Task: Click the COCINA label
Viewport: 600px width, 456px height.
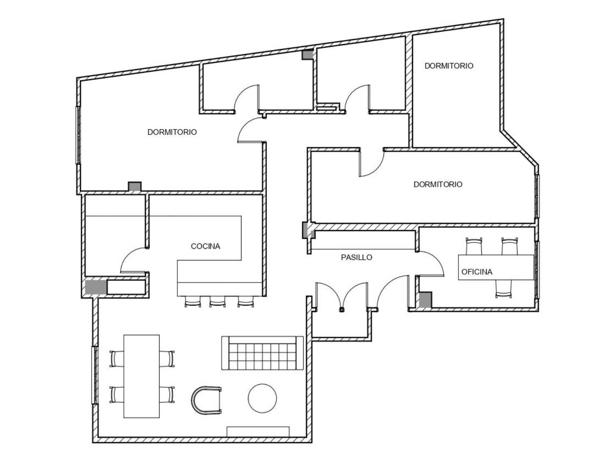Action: tap(205, 246)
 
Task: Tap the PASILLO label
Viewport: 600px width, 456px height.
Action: tap(356, 257)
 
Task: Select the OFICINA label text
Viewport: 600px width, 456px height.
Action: tap(476, 272)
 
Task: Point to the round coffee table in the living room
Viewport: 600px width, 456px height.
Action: tap(262, 398)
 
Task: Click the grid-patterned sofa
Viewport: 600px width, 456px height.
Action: tap(262, 353)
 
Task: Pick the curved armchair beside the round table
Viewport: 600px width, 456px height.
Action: tap(206, 400)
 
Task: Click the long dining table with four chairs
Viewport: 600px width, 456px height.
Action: tap(141, 376)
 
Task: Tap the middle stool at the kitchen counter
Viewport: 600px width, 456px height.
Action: tap(217, 301)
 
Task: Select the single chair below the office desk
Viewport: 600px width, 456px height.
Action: tap(503, 289)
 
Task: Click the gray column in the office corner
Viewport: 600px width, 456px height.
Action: tap(426, 300)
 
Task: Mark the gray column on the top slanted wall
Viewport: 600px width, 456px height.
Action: tap(307, 55)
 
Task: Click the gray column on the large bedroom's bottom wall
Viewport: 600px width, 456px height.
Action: tap(135, 187)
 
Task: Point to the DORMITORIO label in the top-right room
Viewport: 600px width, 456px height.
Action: tap(448, 66)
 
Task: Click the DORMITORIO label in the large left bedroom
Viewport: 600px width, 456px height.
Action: tap(172, 132)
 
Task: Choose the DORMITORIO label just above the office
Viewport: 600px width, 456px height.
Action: tap(438, 184)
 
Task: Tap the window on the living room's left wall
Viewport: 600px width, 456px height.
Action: tap(95, 375)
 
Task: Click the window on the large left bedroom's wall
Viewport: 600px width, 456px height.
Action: tap(78, 135)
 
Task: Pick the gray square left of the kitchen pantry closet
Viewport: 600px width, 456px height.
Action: tap(96, 287)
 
